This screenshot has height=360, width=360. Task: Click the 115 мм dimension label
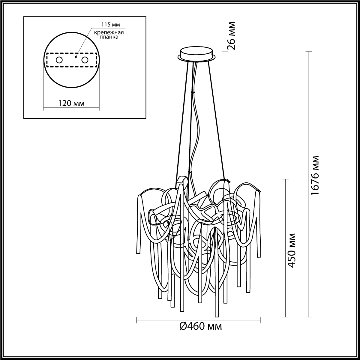click(x=110, y=25)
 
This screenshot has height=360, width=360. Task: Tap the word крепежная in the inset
click(x=109, y=33)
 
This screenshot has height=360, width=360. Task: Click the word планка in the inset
click(x=109, y=37)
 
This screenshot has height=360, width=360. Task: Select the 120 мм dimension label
click(x=71, y=103)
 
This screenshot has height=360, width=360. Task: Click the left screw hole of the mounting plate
click(x=59, y=60)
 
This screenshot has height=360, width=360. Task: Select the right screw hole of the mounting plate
click(x=85, y=60)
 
